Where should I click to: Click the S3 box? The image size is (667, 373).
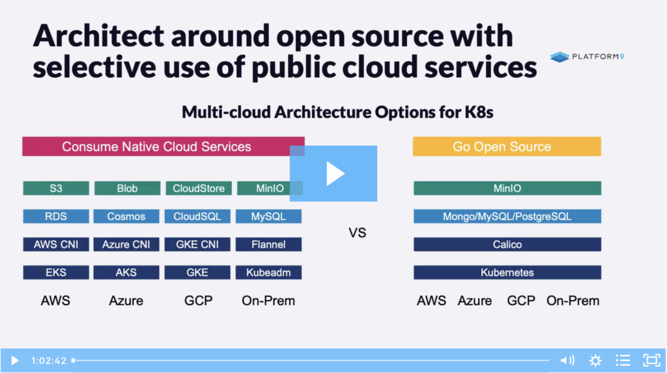coord(56,188)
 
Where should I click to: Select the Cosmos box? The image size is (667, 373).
coord(126,217)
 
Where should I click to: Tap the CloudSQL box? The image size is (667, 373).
coord(197,217)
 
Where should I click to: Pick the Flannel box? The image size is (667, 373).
coord(268,245)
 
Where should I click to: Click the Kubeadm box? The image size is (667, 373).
coord(268,273)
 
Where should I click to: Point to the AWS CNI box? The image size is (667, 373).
coord(56,245)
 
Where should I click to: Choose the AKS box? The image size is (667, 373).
coord(126,273)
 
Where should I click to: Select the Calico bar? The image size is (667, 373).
coord(507,245)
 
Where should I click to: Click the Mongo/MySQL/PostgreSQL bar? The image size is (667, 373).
coord(507,217)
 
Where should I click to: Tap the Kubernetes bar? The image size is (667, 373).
coord(507,273)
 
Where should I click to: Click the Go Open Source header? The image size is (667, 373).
coord(507,146)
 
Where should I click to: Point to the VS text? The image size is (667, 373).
coord(358,233)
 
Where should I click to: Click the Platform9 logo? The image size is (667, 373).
coord(587,57)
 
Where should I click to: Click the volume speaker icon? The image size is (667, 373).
coord(567,361)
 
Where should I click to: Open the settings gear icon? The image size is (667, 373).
coord(595,361)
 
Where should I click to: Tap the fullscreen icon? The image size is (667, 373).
coord(651,361)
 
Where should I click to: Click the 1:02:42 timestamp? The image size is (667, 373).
coord(48,361)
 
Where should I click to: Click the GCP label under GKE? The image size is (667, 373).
coord(198,301)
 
